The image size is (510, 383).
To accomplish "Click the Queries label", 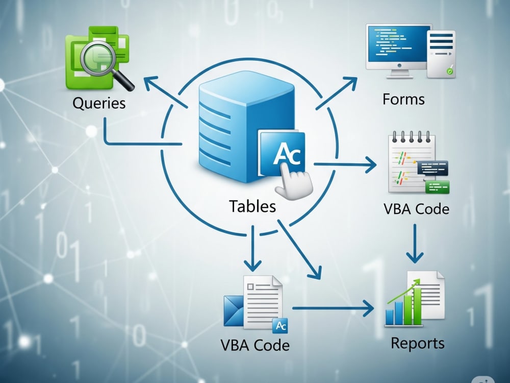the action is [99, 103].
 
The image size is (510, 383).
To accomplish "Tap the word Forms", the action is [403, 100].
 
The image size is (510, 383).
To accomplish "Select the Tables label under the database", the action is [252, 206].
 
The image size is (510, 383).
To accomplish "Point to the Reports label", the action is [418, 344].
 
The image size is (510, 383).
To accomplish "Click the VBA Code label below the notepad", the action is [416, 209].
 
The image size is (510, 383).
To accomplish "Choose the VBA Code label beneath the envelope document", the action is [255, 345].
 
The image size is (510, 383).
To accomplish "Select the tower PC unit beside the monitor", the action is [441, 54].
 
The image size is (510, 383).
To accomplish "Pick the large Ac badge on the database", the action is [282, 153].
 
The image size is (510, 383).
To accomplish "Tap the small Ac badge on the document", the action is [280, 326].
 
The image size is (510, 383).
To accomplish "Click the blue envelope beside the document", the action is [234, 310].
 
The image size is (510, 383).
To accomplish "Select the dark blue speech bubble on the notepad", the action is [432, 168].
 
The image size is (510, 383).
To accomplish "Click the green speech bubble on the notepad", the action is [437, 187].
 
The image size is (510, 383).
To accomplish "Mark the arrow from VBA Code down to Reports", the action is [415, 243].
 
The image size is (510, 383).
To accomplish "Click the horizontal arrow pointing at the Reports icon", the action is [333, 308].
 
